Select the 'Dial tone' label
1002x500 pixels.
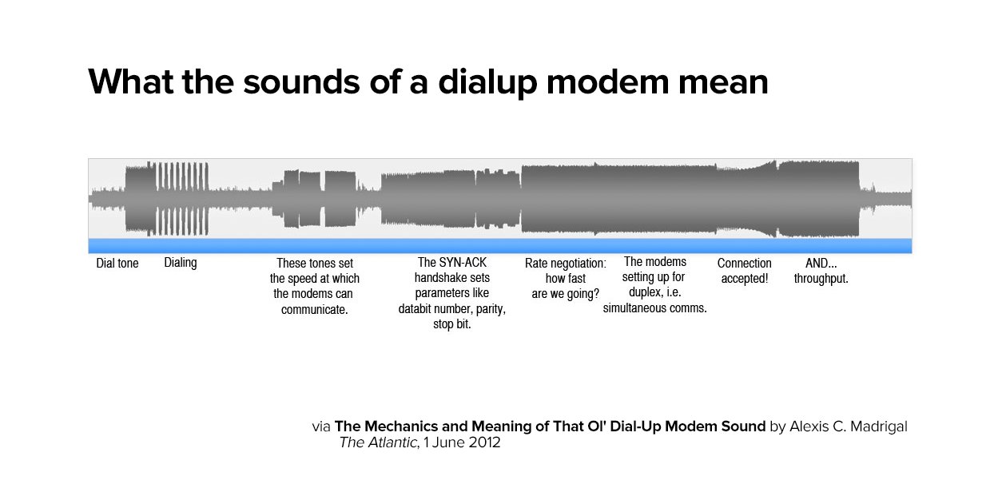click(x=117, y=264)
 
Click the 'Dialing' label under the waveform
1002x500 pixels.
click(x=181, y=263)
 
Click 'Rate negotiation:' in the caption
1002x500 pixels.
click(x=565, y=263)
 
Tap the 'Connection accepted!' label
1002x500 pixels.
click(x=744, y=271)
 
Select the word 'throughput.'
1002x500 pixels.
click(x=821, y=279)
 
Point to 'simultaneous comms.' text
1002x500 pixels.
click(x=654, y=308)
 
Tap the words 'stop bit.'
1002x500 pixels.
click(x=451, y=325)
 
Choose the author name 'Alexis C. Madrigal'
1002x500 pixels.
click(x=849, y=427)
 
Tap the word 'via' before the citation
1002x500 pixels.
click(x=320, y=427)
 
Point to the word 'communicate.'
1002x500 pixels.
click(x=315, y=310)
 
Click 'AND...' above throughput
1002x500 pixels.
click(x=821, y=263)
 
